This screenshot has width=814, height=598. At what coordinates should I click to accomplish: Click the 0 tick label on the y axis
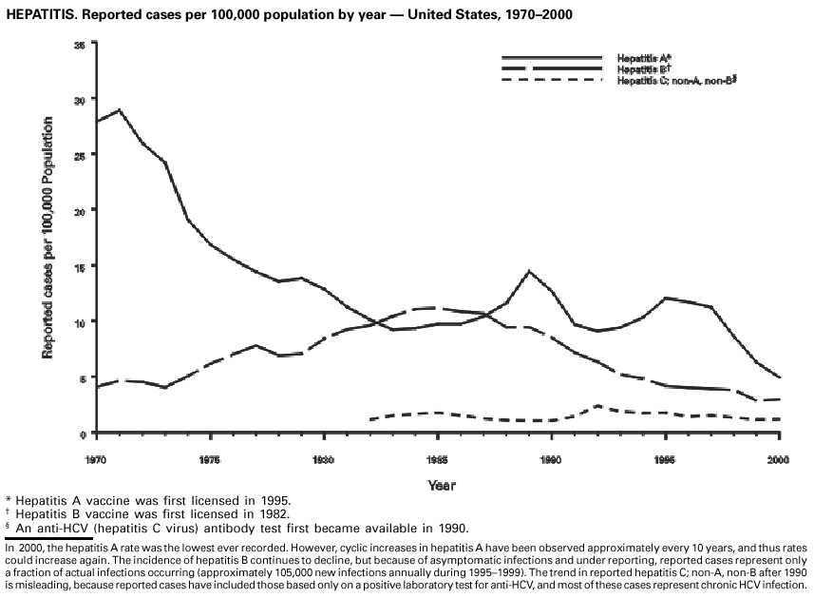tap(83, 434)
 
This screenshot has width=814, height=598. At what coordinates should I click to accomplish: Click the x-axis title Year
tap(442, 486)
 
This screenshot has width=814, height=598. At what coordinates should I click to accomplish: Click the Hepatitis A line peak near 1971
tap(119, 110)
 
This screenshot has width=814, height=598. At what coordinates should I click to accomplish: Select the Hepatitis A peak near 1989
tap(529, 271)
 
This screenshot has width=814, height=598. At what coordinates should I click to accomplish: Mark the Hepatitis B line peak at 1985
tap(436, 307)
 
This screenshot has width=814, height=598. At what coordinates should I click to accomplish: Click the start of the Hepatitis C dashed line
tap(370, 418)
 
